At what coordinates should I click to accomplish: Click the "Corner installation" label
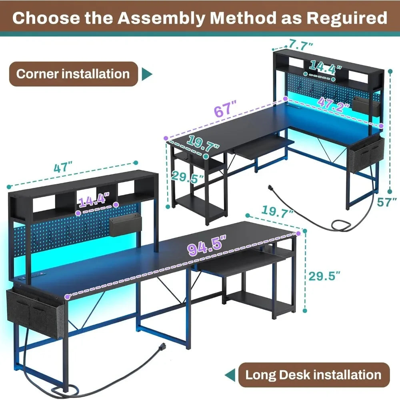pos(73,74)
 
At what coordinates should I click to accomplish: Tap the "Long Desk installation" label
pos(313,375)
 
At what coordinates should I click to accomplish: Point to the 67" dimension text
pos(225,109)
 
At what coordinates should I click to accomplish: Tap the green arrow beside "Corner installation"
pos(148,74)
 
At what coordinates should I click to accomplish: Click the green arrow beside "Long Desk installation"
pos(230,375)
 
